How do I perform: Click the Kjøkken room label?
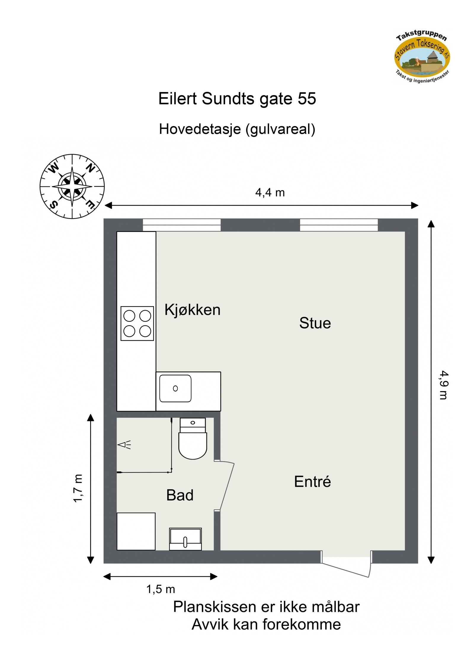pos(192,310)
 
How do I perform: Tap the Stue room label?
pos(315,323)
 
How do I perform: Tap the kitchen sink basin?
pos(175,388)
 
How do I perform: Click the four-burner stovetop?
pos(137,323)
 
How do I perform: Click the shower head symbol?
pos(124,445)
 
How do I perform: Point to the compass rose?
pos(72,187)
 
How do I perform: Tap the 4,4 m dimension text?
pos(270,193)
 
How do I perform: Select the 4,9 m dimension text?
pos(443,385)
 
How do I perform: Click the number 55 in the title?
pos(307,99)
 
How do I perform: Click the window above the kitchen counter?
pos(182,225)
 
